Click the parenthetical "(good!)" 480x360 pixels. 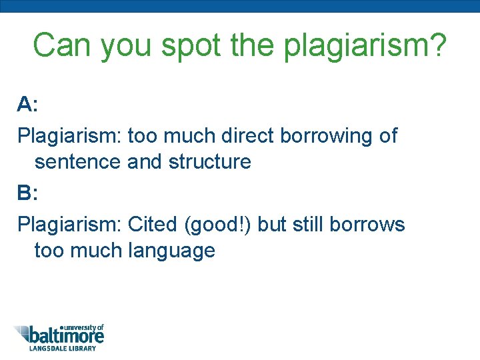217,225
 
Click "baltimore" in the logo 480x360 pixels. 67,336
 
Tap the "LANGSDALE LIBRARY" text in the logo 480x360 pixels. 62,348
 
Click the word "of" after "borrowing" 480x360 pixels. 387,135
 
